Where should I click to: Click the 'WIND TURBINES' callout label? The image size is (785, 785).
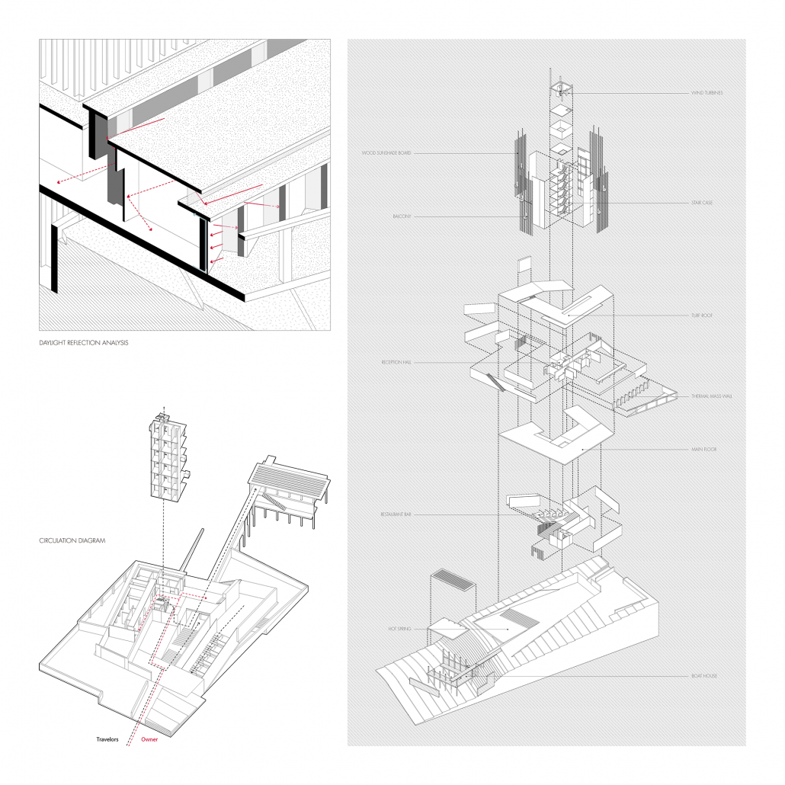[706, 93]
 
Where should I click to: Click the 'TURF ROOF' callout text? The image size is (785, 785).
[703, 314]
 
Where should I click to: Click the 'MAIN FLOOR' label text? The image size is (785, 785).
[703, 450]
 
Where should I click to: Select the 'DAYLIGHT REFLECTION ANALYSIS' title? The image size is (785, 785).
[84, 344]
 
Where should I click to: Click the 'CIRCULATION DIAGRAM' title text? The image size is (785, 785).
[72, 541]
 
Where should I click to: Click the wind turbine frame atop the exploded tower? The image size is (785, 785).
[560, 89]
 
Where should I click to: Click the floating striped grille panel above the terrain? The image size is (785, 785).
[453, 588]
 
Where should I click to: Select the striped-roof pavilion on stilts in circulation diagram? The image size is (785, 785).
[290, 488]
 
